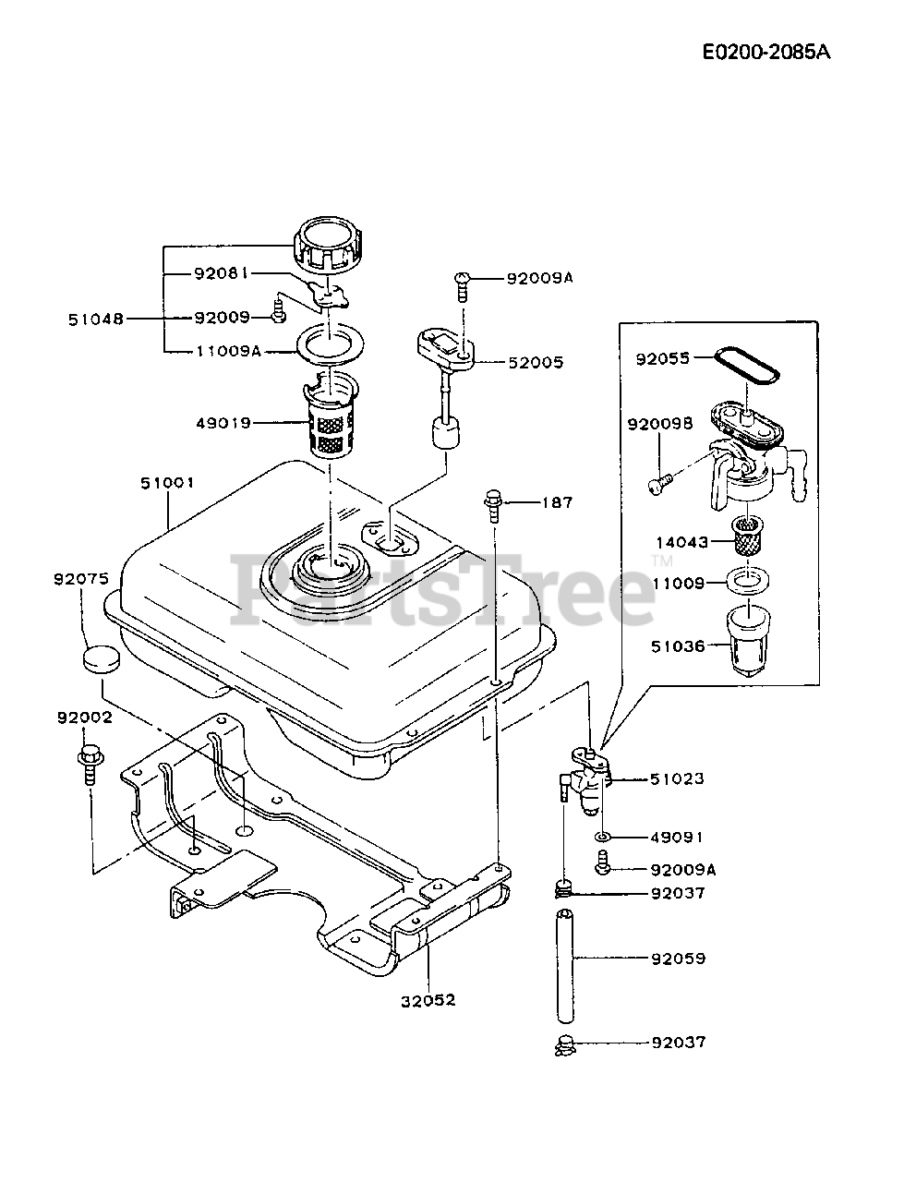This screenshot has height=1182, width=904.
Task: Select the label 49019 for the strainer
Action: (223, 424)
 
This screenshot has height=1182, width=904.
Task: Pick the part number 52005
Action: (536, 363)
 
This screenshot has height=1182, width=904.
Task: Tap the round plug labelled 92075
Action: (99, 660)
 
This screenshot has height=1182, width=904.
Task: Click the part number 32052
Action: (429, 1000)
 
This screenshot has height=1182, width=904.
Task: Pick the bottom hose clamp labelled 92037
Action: (564, 1045)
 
